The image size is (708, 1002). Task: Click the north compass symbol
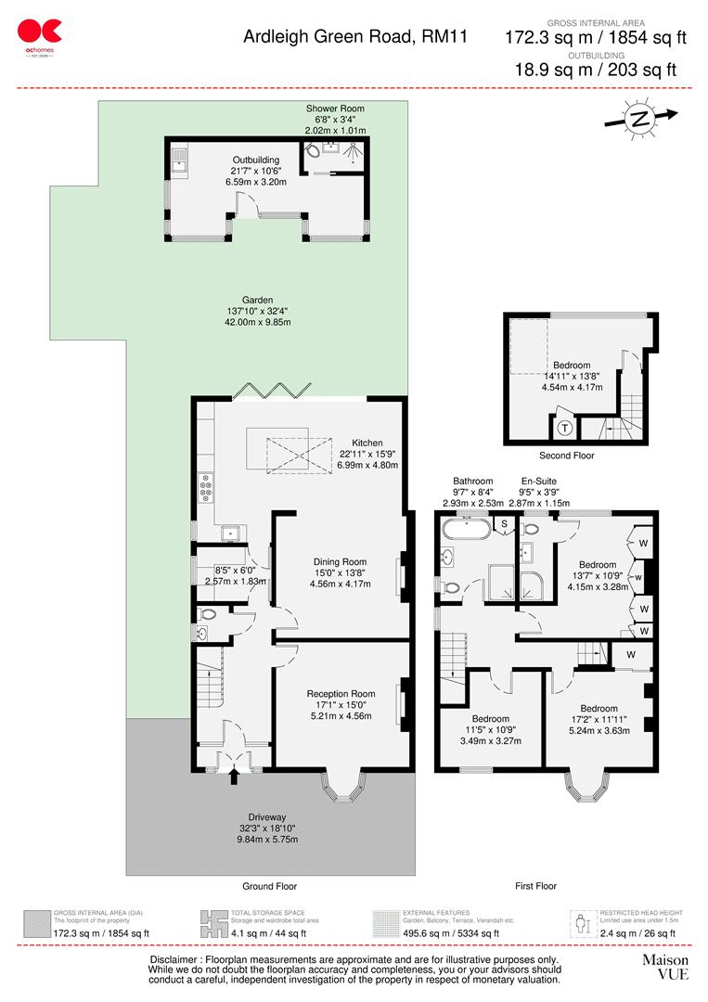pyautogui.click(x=639, y=118)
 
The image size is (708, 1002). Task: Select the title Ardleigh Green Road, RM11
pyautogui.click(x=355, y=37)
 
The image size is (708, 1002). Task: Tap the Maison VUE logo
pyautogui.click(x=665, y=967)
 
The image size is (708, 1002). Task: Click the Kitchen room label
pyautogui.click(x=367, y=443)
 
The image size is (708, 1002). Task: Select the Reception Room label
pyautogui.click(x=341, y=693)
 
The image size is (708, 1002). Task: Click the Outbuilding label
pyautogui.click(x=255, y=160)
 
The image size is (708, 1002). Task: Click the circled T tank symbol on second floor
pyautogui.click(x=564, y=429)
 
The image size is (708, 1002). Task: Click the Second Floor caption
pyautogui.click(x=566, y=456)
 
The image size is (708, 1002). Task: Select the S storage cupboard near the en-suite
pyautogui.click(x=504, y=524)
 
